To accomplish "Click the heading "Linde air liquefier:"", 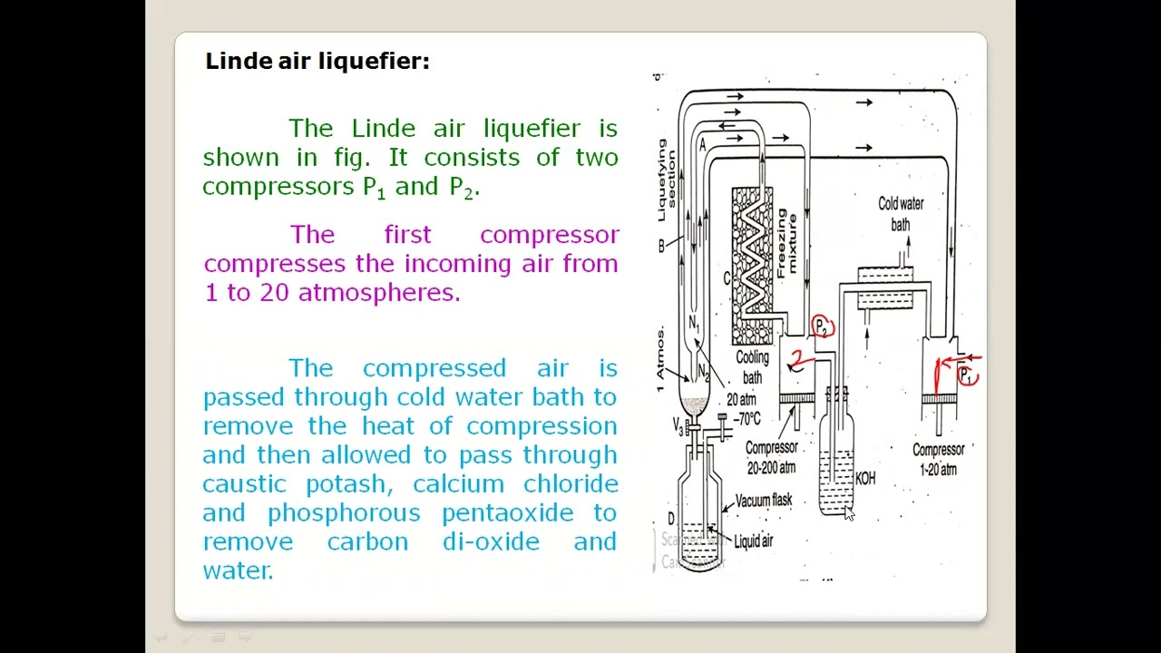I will [317, 62].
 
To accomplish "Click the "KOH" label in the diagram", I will [865, 478].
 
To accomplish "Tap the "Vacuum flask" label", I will [763, 500].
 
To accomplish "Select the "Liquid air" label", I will [753, 541].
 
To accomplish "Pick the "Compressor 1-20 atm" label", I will [938, 459].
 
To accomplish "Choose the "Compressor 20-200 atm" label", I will [771, 457].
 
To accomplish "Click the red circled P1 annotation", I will [967, 375].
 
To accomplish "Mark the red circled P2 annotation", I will [822, 326].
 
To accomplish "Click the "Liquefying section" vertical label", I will [667, 180].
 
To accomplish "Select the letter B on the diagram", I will [662, 246].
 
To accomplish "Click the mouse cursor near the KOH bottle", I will [849, 513].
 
